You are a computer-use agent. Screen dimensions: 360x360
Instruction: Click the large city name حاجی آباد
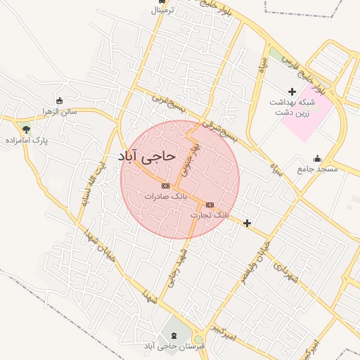pos(147,157)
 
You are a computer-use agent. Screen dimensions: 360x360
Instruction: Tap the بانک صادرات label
pos(166,196)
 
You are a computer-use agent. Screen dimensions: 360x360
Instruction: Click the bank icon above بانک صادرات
pos(166,186)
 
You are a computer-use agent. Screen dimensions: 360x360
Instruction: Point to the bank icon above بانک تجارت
pos(210,202)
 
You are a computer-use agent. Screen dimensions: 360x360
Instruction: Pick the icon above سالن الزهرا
pos(58,100)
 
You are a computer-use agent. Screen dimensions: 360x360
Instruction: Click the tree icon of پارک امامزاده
pos(26,129)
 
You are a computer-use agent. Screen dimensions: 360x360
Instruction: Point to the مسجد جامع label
pos(317,169)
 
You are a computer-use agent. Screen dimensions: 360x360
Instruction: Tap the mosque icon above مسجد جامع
pos(317,158)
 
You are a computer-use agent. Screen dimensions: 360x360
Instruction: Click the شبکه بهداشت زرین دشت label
pos(292,107)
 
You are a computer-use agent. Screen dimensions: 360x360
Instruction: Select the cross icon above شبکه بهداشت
pos(292,91)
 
